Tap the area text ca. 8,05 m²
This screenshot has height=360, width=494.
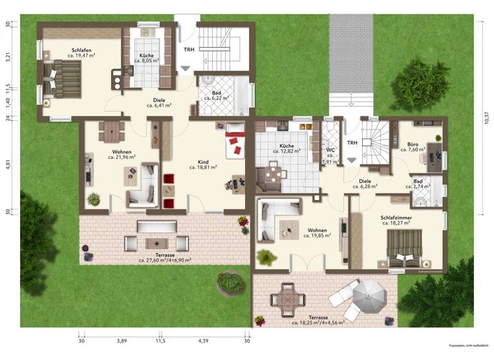tap(147, 63)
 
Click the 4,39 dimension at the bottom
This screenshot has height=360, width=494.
tap(204, 341)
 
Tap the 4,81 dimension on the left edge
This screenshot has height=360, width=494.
tap(8, 163)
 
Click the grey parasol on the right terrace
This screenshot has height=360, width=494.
tap(372, 294)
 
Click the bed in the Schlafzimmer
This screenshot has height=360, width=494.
tap(405, 248)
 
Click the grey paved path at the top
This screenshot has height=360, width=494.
tap(351, 51)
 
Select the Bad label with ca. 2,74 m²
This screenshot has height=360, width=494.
tap(418, 182)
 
